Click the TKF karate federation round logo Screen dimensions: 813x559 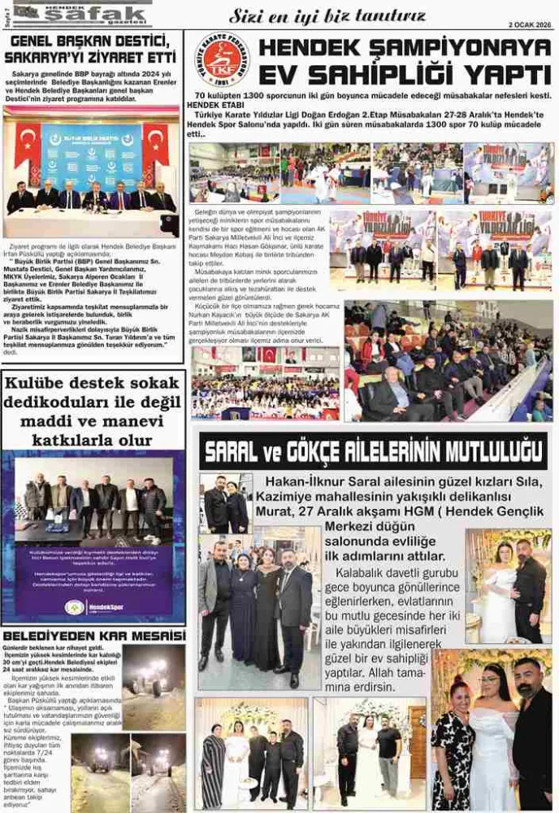click(221, 60)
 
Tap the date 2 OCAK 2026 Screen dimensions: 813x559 click(528, 24)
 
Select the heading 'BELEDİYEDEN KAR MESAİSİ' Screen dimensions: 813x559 click(93, 635)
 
